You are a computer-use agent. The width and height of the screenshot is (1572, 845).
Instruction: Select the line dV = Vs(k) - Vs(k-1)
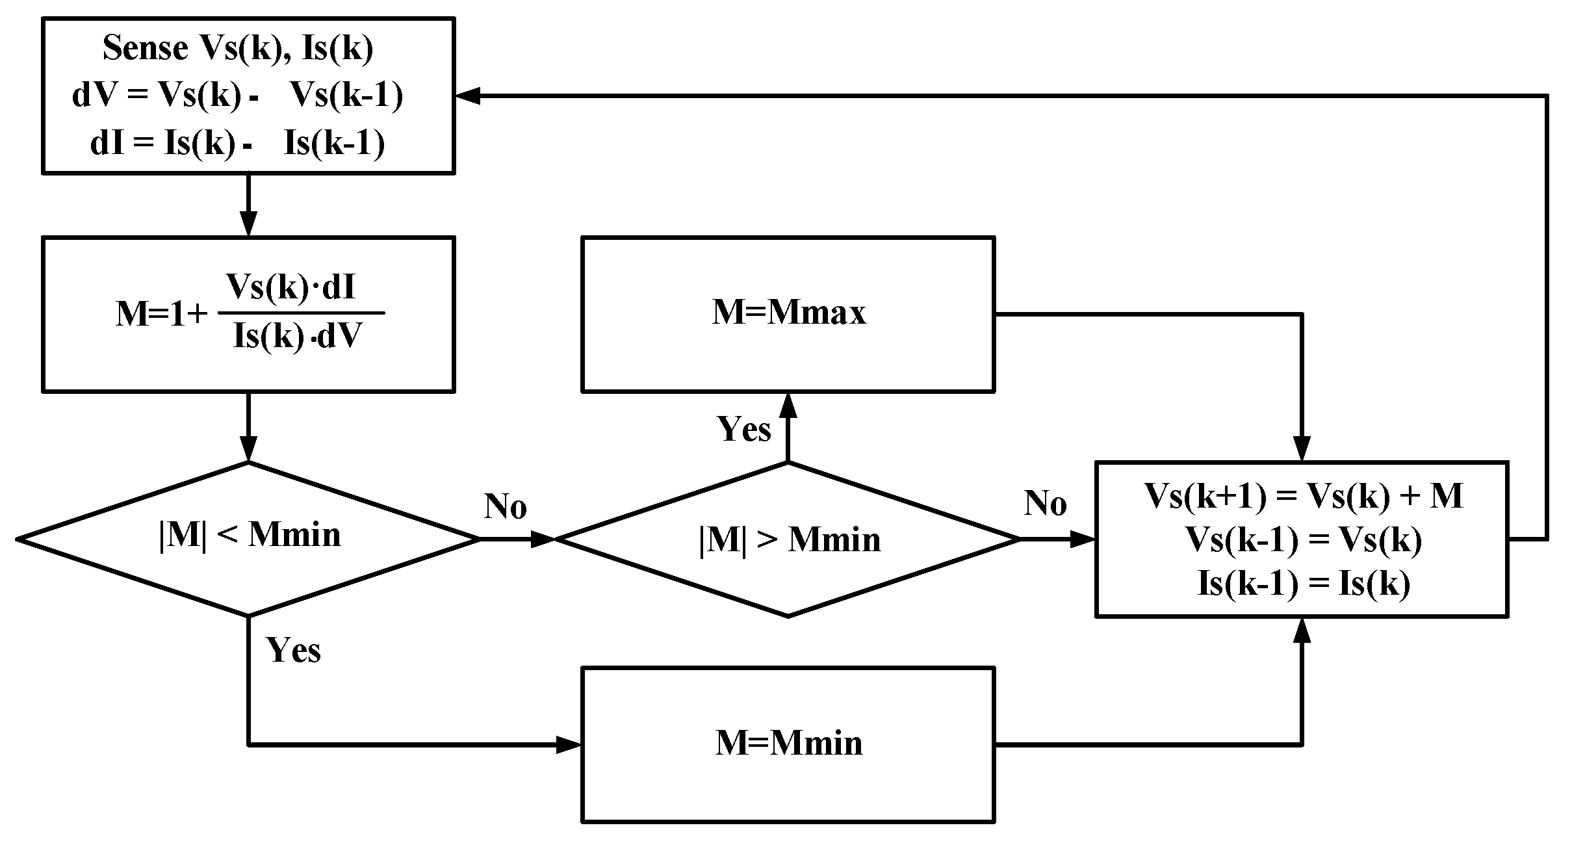tap(238, 96)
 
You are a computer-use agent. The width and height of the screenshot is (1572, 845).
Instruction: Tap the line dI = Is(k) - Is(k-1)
tap(238, 143)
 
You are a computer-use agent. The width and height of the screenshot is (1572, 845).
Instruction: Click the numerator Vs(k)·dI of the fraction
tap(290, 287)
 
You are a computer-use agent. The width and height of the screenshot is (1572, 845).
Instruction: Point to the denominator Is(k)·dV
tap(296, 336)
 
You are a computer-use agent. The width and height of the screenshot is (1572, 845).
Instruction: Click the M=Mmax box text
tap(789, 313)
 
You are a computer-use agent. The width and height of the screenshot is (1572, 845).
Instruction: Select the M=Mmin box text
tap(789, 743)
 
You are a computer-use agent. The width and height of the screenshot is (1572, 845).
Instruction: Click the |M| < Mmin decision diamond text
tap(250, 536)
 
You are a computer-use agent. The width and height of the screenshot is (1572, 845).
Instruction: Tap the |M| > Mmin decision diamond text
tap(789, 540)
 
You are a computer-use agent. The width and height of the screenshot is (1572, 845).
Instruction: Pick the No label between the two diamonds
tap(505, 506)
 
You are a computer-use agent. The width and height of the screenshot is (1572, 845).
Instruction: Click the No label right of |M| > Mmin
tap(1045, 503)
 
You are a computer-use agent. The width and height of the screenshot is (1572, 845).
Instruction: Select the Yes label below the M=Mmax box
tap(743, 429)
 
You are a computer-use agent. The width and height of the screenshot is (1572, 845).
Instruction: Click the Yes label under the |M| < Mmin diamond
tap(293, 649)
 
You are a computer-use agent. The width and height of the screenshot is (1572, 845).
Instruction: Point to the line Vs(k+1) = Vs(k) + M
tap(1303, 497)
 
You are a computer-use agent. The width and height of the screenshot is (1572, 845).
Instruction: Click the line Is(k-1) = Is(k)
tap(1303, 583)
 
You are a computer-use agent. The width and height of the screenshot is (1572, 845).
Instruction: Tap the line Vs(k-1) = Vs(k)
tap(1303, 540)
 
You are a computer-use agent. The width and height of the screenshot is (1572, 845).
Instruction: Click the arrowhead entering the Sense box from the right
tap(467, 96)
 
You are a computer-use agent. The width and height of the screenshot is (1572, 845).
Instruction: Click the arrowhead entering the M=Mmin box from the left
tap(568, 744)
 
